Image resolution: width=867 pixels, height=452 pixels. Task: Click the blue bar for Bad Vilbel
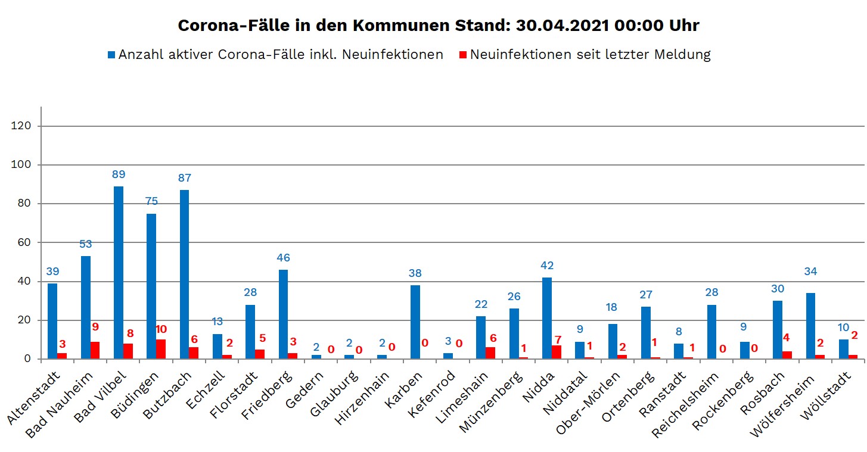click(119, 273)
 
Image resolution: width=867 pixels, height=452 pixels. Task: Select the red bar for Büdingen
click(161, 350)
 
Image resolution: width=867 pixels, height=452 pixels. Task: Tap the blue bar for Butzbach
click(185, 275)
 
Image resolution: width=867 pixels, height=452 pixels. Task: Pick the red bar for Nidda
click(557, 352)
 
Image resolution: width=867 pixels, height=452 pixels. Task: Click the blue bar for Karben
click(415, 322)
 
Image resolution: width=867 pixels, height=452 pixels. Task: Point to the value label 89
click(119, 175)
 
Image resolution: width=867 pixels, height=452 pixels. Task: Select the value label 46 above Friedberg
click(283, 258)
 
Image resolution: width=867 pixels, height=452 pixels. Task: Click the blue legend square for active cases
click(111, 55)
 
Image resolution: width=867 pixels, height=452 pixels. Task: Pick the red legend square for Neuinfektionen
click(462, 55)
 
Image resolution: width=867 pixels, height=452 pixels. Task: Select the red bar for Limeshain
click(490, 353)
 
